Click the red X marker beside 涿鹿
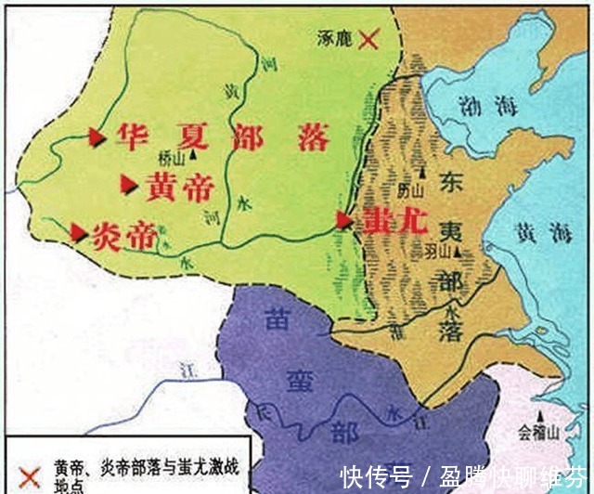(x=370, y=39)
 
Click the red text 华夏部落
(x=223, y=138)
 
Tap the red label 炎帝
(x=123, y=236)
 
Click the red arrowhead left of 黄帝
(x=130, y=186)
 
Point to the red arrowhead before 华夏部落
(x=96, y=137)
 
